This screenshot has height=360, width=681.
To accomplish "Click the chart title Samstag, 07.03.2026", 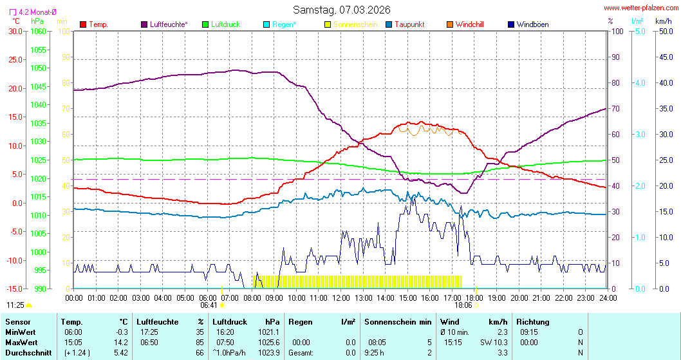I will [341, 10].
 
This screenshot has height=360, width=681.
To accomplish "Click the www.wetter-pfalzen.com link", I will [641, 8].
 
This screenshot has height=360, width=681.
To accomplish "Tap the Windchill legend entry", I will [469, 24].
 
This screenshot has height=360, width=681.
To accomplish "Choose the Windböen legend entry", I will [532, 24].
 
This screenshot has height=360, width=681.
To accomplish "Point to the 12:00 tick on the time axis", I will [340, 298].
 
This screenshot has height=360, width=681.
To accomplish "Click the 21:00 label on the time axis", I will [541, 298].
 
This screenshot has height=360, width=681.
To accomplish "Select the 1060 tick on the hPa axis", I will [38, 31].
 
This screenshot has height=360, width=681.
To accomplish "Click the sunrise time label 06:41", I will [209, 305].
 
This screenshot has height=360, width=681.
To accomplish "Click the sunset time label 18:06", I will [463, 305].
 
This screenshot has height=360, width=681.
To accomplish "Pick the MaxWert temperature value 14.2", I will [120, 342].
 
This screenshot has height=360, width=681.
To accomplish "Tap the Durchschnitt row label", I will [24, 352].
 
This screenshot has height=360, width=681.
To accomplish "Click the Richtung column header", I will [533, 321].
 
